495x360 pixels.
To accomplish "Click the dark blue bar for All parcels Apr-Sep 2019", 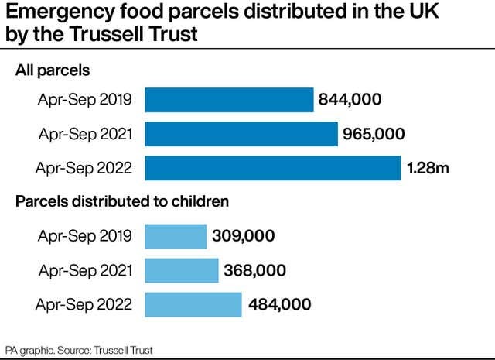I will point(229,100).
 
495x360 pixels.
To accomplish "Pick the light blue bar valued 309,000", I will point(176,236).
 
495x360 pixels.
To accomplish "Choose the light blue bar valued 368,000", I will point(182,270).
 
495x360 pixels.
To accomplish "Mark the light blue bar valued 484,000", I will point(193,304).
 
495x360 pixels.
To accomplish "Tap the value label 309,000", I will point(244,236).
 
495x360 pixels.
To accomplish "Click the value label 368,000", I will point(255,270).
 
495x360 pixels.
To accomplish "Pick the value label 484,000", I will point(280,304).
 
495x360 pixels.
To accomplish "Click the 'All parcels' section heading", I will point(53,70).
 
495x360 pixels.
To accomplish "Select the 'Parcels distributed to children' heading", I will point(122,202).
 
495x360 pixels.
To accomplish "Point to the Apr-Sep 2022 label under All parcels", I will point(85,168).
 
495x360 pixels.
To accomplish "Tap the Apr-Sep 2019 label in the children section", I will point(85,236).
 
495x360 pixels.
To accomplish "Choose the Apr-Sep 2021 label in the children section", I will point(85,270).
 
